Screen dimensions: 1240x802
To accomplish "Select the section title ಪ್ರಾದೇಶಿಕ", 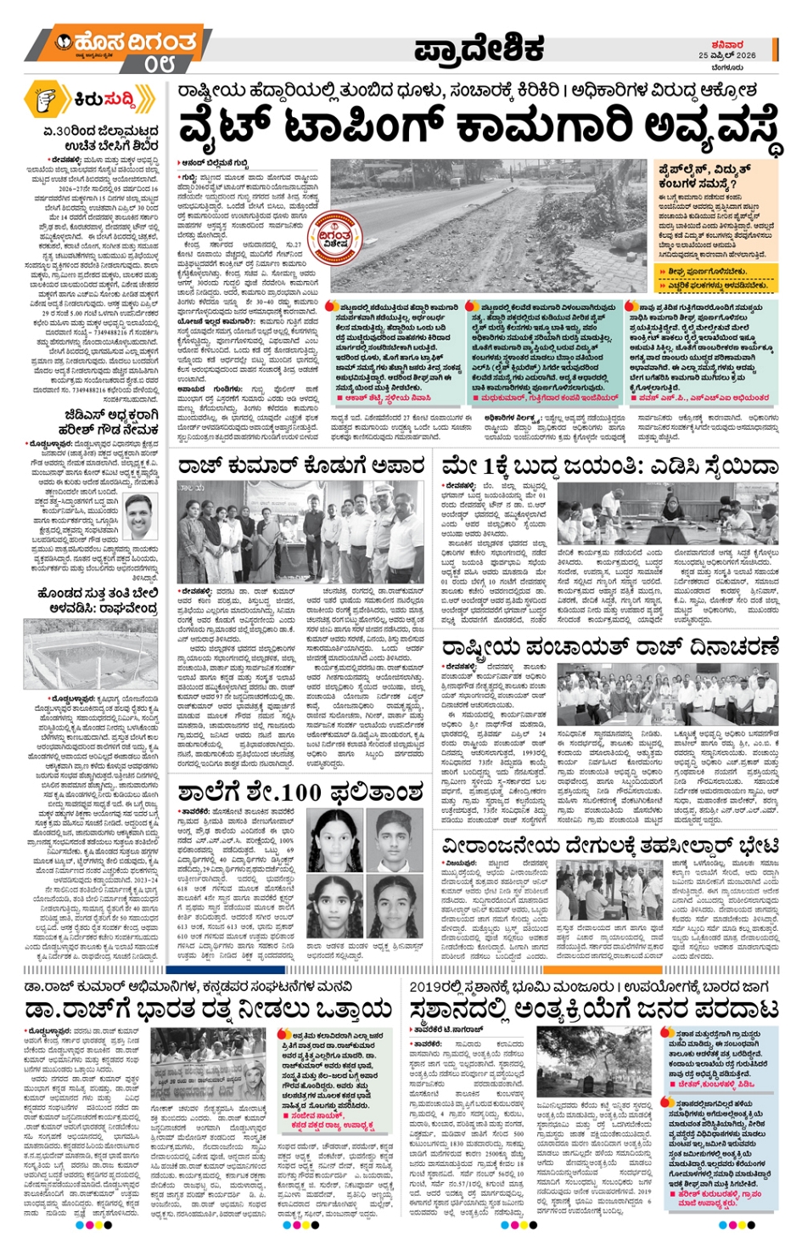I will click(x=480, y=50).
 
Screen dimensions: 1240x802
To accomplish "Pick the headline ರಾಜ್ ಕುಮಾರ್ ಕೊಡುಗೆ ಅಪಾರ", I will click(x=301, y=465).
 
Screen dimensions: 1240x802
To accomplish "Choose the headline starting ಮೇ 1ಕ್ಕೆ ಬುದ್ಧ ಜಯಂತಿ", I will click(x=609, y=465).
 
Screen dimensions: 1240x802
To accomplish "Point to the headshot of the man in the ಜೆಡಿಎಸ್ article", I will click(x=141, y=515).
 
